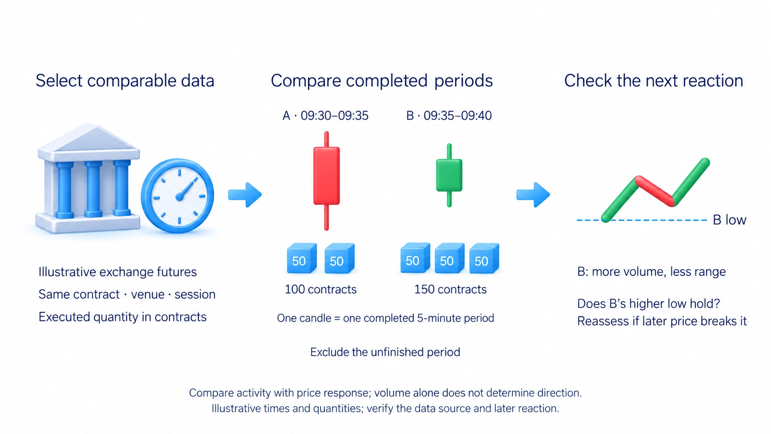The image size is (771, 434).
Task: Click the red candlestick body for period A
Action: point(326,176)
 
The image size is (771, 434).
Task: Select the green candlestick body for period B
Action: point(449,175)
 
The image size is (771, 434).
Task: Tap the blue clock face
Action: point(178,196)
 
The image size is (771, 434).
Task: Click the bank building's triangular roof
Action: point(89,137)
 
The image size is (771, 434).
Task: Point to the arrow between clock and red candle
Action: point(245,195)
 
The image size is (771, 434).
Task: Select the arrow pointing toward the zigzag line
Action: point(533,195)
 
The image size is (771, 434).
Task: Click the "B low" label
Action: point(729,220)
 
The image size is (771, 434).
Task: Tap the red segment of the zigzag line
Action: point(655,191)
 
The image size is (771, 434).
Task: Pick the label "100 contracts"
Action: point(320,290)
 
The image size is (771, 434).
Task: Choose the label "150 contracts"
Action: point(450,290)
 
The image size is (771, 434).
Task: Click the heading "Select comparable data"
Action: point(125,81)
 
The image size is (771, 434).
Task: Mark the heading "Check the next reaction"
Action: point(653,81)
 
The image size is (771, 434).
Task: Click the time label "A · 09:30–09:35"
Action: point(325,116)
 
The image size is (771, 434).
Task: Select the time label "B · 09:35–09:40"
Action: point(449,116)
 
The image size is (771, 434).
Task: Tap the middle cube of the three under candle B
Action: point(450,258)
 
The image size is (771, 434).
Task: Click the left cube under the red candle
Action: point(302,258)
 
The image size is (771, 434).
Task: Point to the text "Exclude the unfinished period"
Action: point(385,352)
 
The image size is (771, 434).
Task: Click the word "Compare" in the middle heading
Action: point(306,81)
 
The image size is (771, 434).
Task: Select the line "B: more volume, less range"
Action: point(651,272)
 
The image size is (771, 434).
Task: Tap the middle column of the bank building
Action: point(93,189)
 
